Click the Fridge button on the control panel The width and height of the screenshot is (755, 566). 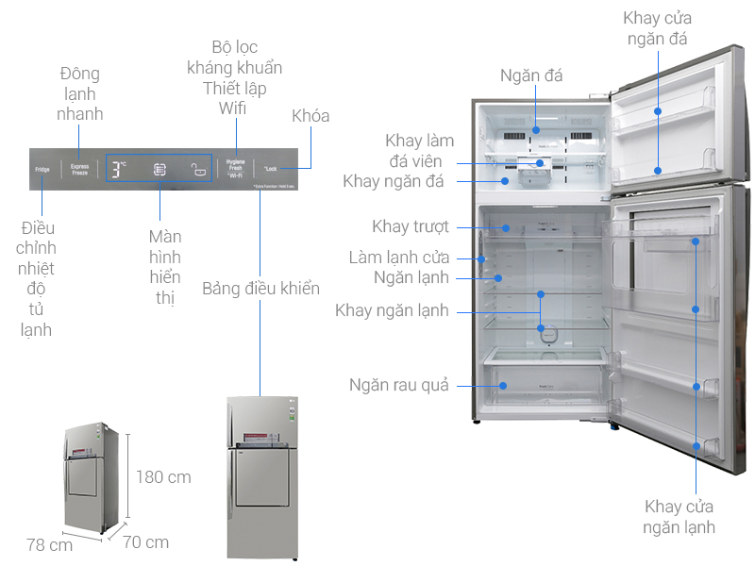(x=42, y=170)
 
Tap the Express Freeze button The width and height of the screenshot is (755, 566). (x=79, y=170)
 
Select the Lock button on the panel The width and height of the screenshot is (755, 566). (x=270, y=169)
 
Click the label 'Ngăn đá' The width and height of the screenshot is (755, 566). (x=532, y=75)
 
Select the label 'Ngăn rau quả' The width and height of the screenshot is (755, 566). (x=398, y=385)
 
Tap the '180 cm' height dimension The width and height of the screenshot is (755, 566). (x=163, y=477)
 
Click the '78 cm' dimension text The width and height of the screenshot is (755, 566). (x=49, y=545)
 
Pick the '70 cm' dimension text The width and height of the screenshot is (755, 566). (x=145, y=542)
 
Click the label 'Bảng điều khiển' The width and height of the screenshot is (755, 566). (x=261, y=289)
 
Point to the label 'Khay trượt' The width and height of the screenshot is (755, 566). (x=410, y=226)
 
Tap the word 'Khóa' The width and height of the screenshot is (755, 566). (x=310, y=116)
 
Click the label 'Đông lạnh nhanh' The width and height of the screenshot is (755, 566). (x=79, y=93)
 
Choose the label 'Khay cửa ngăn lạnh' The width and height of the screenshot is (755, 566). (x=679, y=517)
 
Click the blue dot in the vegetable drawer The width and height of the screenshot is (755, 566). (x=504, y=386)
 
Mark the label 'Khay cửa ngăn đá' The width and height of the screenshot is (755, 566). (x=658, y=29)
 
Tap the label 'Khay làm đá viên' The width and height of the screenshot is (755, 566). (x=419, y=151)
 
